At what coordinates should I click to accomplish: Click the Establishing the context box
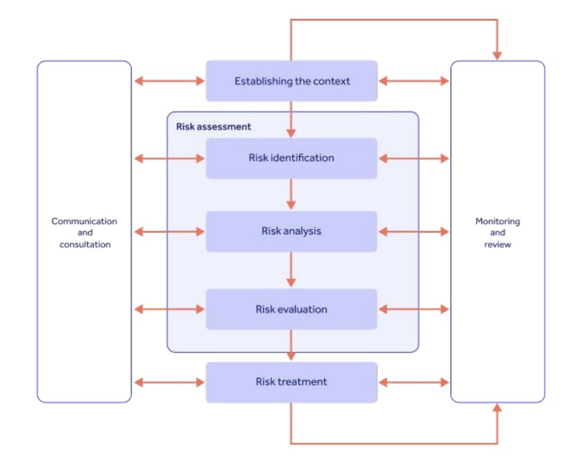[x=292, y=81]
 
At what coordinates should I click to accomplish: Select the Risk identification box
[x=292, y=158]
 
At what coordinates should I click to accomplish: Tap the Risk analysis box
[x=292, y=231]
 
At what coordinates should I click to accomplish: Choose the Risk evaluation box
[x=292, y=309]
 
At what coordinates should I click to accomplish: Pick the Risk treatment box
[x=292, y=382]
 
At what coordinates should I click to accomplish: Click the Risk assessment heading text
[x=214, y=126]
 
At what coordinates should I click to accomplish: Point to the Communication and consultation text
[x=84, y=233]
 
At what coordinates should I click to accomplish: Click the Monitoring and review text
[x=498, y=233]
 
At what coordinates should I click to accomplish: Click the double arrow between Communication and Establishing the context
[x=169, y=81]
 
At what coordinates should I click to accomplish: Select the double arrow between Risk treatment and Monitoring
[x=414, y=382]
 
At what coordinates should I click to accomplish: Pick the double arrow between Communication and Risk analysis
[x=169, y=231]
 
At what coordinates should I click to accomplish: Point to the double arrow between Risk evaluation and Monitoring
[x=414, y=309]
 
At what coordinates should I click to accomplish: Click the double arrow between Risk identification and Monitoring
[x=414, y=158]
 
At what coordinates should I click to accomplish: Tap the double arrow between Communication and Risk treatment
[x=169, y=382]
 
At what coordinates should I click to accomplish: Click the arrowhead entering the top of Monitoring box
[x=498, y=55]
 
